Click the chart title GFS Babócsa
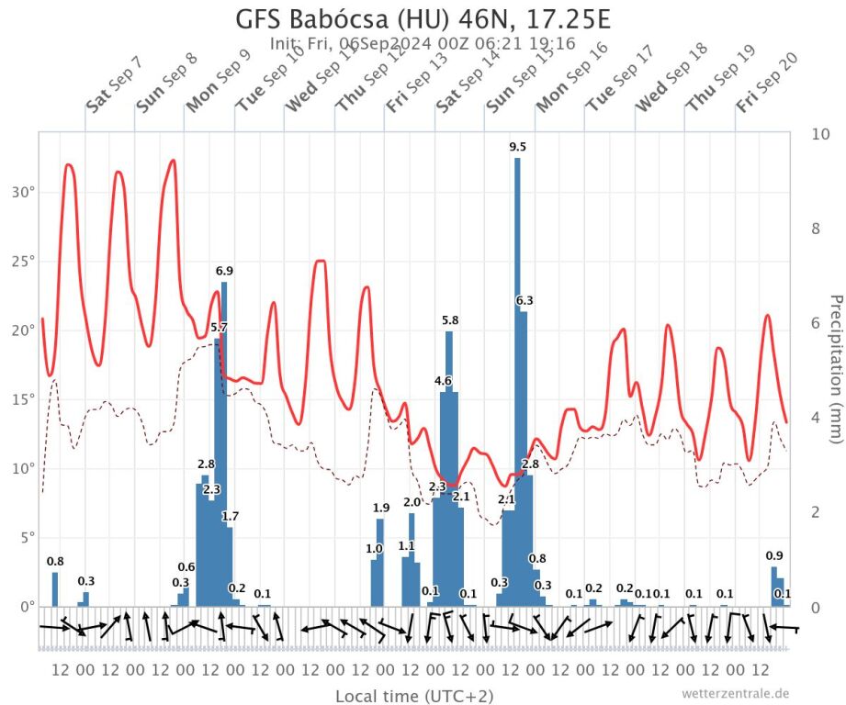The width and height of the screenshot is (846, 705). [423, 19]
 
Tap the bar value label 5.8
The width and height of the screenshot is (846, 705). [450, 320]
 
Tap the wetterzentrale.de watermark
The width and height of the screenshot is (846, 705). [735, 693]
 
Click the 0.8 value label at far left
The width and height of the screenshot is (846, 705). [55, 562]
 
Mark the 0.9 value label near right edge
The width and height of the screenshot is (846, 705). [774, 555]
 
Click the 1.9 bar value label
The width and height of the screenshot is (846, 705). [381, 508]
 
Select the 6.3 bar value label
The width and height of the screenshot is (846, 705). [524, 300]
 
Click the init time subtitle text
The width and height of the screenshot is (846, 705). [423, 43]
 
